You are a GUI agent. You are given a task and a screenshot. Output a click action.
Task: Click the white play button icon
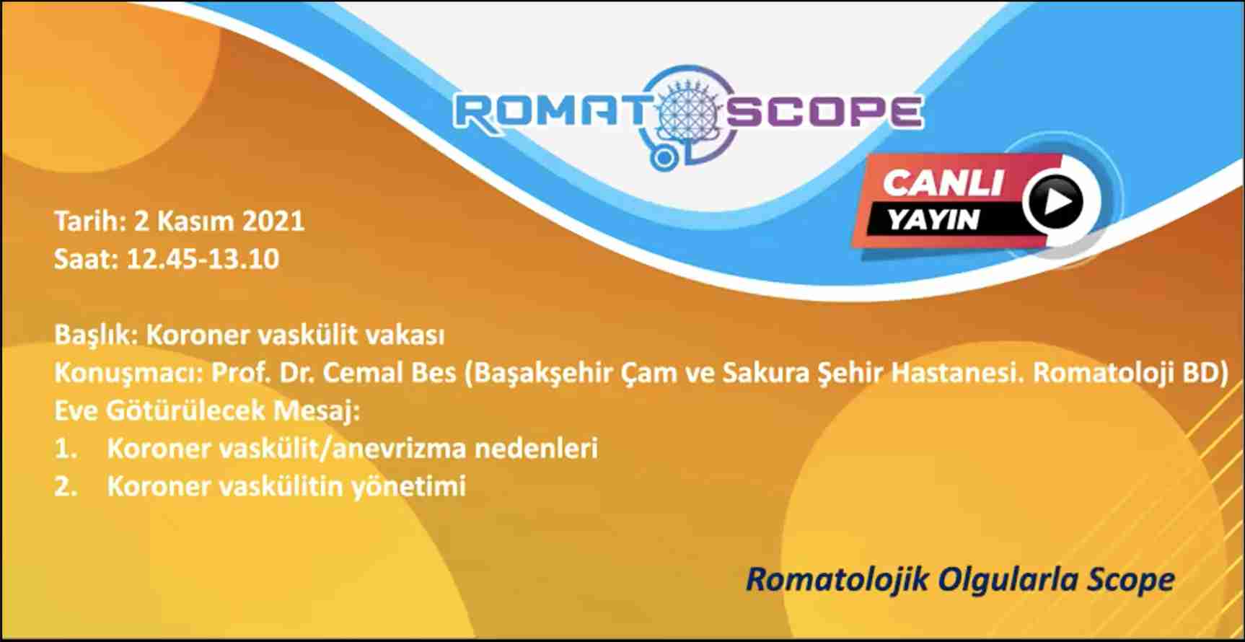pos(1055,202)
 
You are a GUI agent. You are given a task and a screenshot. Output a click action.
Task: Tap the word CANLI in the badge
pos(943,183)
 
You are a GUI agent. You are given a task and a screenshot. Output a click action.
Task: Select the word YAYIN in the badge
pos(933,219)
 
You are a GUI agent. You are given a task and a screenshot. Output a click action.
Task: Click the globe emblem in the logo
pos(687,115)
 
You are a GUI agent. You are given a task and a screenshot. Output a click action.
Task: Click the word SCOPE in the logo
pos(824,113)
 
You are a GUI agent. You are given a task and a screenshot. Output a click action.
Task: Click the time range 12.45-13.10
pos(203,259)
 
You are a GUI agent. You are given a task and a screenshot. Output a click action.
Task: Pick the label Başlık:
pos(97,335)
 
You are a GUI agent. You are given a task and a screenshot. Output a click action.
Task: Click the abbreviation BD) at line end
pos(1205,372)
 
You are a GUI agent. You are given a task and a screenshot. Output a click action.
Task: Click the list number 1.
pos(66,449)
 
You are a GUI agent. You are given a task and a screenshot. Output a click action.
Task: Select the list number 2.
pos(66,486)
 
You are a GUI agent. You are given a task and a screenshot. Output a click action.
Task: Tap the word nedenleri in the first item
pos(536,448)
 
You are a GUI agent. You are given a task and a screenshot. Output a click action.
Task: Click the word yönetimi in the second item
pos(408,486)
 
